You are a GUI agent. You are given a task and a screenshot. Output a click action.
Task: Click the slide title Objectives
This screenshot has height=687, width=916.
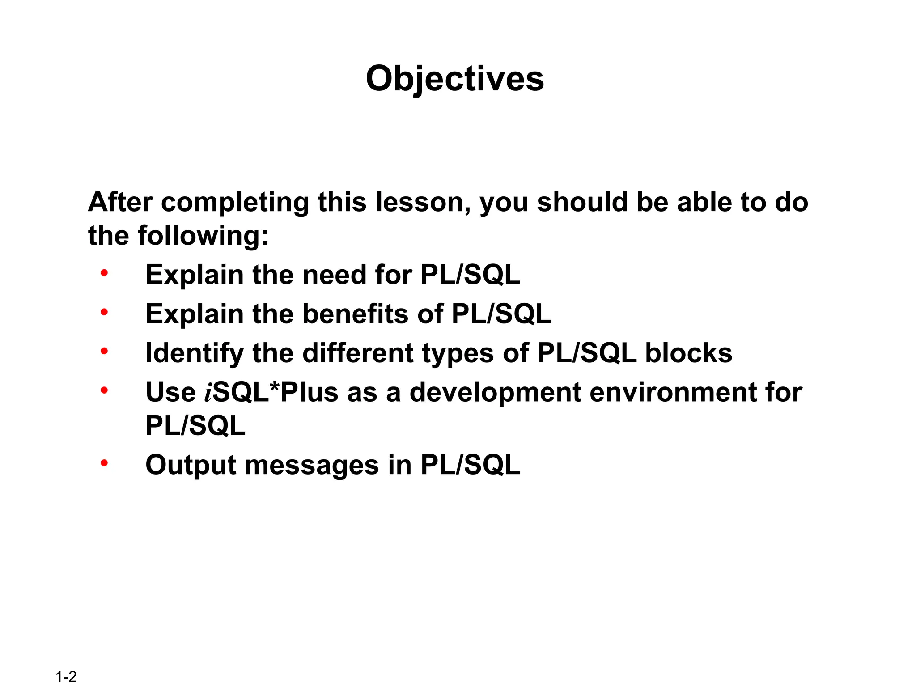pos(454,79)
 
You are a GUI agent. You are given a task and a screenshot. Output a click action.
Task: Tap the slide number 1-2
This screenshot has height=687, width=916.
pos(66,677)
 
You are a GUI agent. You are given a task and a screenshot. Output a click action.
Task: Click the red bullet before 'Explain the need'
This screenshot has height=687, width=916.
pos(104,272)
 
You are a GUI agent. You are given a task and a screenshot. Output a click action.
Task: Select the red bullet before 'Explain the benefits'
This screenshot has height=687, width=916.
pos(104,312)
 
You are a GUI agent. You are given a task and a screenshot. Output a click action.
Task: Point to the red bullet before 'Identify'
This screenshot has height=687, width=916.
pos(104,351)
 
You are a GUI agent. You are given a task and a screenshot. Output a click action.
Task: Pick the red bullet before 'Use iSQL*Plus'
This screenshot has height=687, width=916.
pos(104,390)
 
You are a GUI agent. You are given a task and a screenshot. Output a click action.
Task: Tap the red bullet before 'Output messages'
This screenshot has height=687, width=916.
pos(104,463)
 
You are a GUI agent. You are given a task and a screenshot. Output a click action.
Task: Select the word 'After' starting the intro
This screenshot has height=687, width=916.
pos(120,202)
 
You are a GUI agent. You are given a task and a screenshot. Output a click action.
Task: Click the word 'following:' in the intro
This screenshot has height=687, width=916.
pos(203,236)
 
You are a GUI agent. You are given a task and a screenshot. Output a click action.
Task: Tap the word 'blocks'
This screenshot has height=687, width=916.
pos(688,353)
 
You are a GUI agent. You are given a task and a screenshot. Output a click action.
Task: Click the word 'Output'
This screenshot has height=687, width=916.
pos(191,465)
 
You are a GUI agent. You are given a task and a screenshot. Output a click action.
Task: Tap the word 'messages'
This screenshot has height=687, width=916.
pos(312,465)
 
